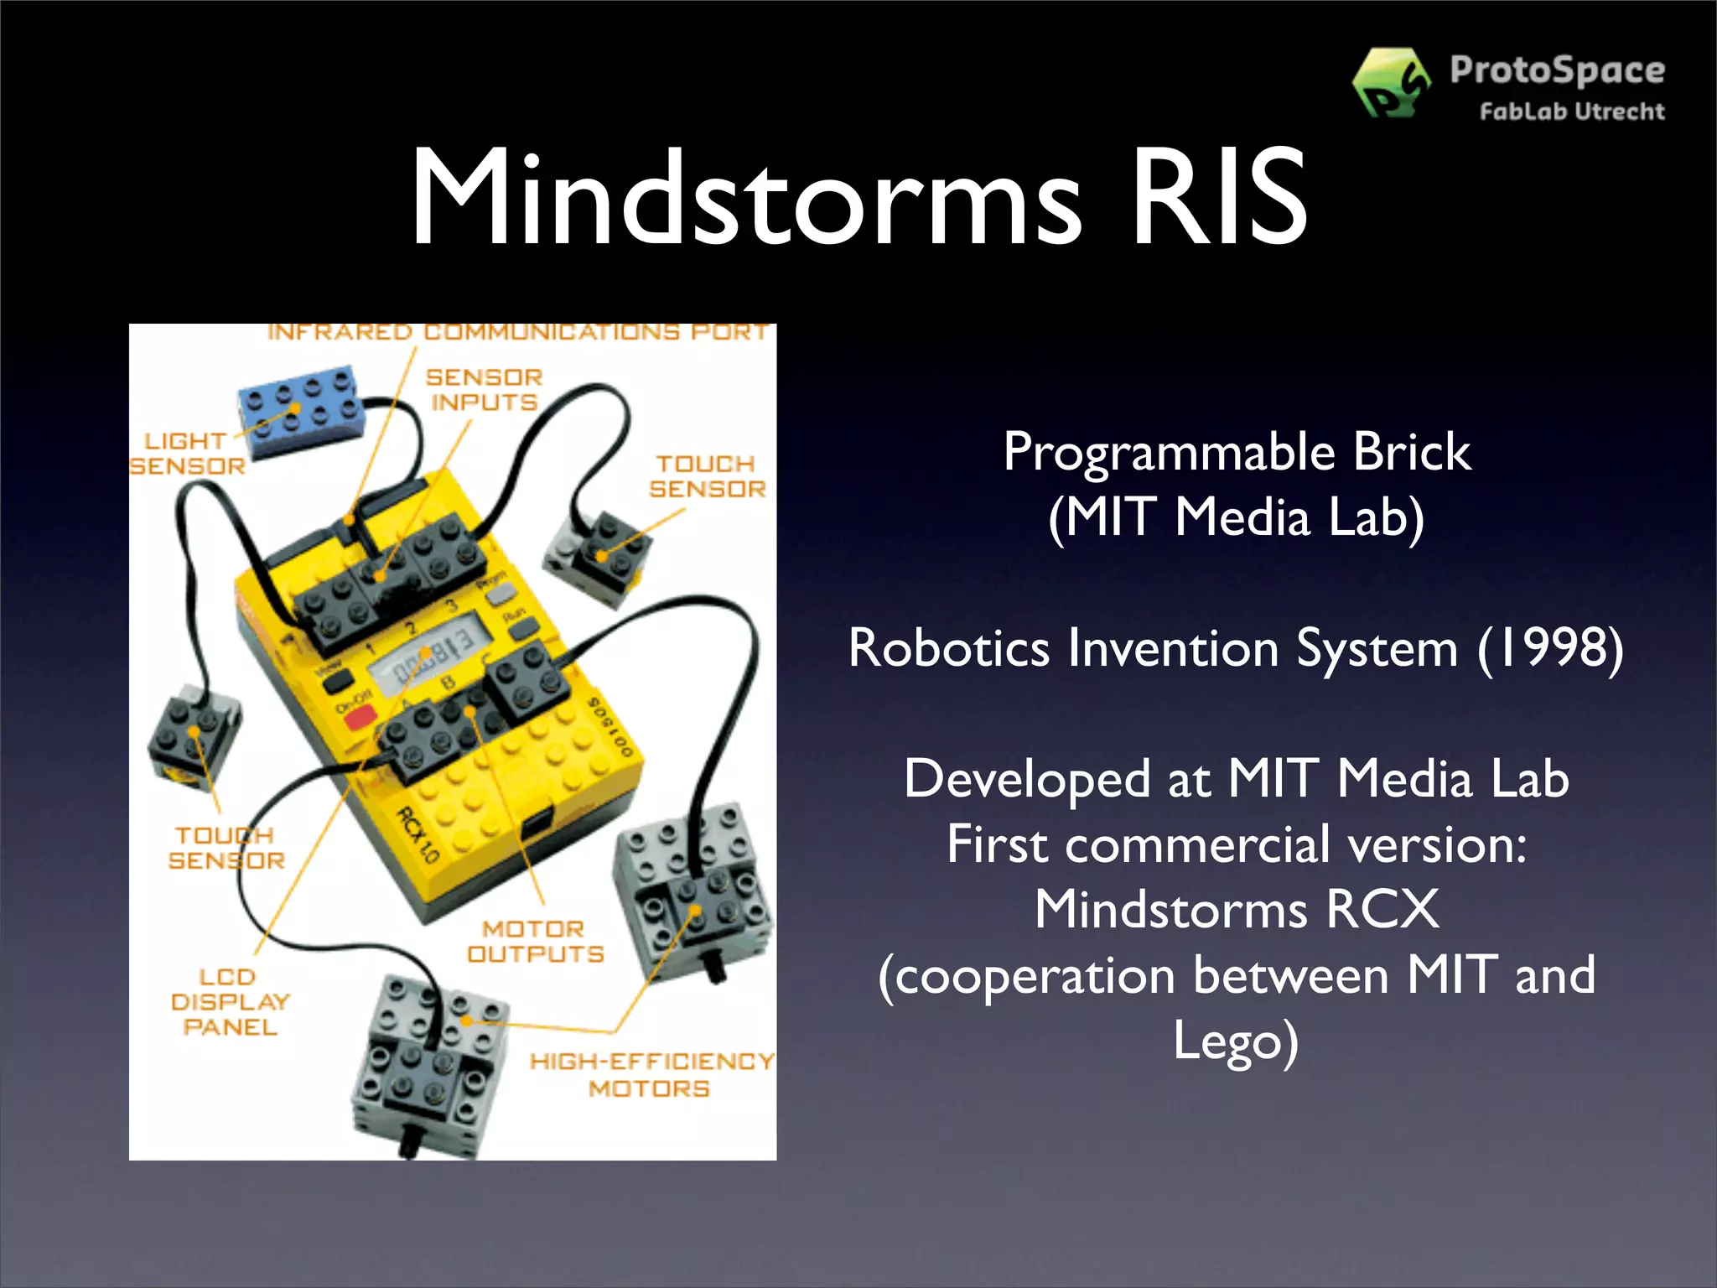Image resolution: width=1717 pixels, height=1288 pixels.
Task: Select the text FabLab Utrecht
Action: tap(1572, 112)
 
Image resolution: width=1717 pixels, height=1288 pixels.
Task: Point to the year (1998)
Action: tap(1550, 648)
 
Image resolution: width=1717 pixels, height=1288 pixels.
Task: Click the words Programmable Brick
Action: tap(1237, 453)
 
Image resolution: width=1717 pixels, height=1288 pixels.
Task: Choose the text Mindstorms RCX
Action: tap(1237, 910)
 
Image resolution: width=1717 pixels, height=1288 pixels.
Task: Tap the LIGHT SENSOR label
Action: tap(187, 454)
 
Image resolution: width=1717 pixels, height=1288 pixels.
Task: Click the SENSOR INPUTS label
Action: tap(484, 390)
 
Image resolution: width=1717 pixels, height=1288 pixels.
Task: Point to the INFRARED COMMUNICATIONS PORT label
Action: tap(517, 332)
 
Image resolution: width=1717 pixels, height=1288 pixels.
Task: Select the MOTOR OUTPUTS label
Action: tap(535, 942)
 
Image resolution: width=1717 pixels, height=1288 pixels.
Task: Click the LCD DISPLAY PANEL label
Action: tap(230, 1002)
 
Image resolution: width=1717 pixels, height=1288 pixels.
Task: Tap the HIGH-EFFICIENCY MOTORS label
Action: tap(651, 1075)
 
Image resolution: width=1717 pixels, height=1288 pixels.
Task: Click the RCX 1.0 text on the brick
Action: tap(418, 835)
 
